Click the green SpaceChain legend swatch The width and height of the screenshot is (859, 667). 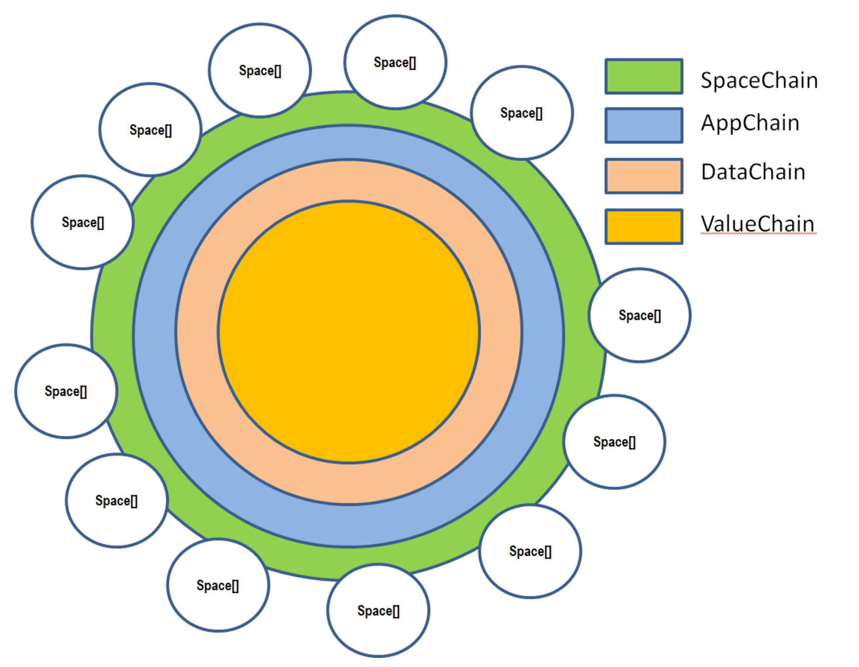click(x=644, y=77)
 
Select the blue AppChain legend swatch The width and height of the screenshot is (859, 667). click(x=644, y=125)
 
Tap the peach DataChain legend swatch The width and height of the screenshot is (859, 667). click(x=644, y=176)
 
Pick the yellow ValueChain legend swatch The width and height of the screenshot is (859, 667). click(x=644, y=226)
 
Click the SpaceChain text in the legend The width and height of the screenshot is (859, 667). click(x=759, y=81)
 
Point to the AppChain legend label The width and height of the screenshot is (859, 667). click(x=750, y=123)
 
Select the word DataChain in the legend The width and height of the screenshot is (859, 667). click(x=753, y=172)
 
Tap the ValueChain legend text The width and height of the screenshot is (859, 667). click(x=757, y=223)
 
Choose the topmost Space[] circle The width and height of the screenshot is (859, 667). click(x=395, y=62)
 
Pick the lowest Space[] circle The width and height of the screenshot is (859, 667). click(x=378, y=611)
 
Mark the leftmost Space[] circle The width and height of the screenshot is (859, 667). click(x=66, y=391)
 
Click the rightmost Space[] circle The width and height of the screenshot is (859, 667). click(x=640, y=315)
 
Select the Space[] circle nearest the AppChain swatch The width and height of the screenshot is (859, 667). click(x=521, y=113)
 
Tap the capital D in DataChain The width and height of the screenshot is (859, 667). click(x=708, y=172)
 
